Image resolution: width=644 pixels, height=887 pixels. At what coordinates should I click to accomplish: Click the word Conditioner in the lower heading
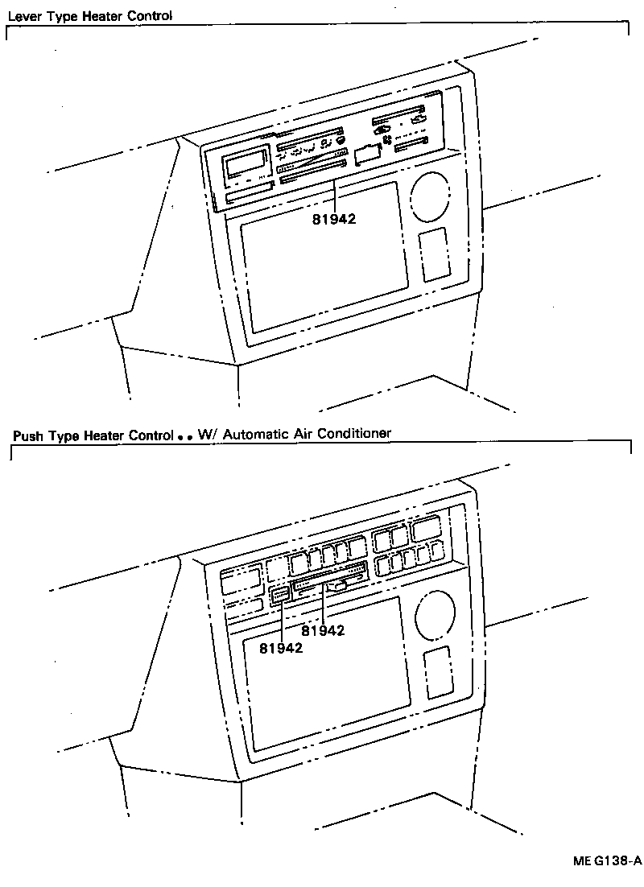(x=353, y=434)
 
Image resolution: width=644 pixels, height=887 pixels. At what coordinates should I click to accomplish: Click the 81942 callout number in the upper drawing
(x=334, y=218)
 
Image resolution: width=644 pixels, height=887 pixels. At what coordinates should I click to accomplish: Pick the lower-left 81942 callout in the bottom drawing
(x=281, y=648)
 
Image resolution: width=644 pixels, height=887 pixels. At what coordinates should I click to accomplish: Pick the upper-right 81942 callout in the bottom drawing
(x=323, y=631)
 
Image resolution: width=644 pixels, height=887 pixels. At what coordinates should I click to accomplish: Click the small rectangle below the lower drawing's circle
(x=440, y=673)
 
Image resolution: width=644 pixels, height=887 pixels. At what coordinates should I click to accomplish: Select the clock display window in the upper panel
(x=246, y=165)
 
